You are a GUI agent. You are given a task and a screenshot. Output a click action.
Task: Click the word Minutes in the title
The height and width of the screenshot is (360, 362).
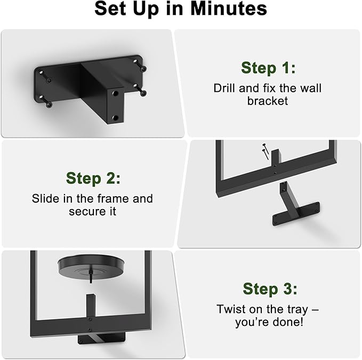pos(229,9)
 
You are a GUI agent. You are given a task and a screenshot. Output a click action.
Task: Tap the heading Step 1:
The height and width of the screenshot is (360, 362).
pos(268,68)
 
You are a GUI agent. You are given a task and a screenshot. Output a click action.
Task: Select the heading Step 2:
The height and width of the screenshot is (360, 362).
pos(93,179)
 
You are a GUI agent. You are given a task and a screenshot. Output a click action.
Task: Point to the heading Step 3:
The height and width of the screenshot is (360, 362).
pos(270,289)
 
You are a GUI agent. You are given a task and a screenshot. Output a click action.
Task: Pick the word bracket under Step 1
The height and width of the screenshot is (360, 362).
pos(268,101)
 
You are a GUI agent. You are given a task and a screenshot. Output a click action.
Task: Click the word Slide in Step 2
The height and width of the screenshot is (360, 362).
pos(43,198)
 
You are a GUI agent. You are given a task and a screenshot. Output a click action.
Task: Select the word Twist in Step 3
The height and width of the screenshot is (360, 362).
pos(229,309)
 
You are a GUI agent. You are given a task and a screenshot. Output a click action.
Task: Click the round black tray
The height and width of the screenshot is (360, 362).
pos(91,266)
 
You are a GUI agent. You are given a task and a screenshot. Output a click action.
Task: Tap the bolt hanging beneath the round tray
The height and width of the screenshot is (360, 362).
pos(91,275)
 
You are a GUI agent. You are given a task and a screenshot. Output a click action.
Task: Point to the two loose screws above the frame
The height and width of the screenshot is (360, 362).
pos(266,151)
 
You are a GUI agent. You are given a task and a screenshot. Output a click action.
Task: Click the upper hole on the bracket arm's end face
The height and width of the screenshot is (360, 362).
pos(116,93)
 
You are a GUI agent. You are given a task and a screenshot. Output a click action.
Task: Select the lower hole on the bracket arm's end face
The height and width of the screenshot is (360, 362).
pos(115,118)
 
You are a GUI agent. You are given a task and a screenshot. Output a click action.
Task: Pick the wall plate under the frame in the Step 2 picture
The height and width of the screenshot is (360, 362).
pos(296,214)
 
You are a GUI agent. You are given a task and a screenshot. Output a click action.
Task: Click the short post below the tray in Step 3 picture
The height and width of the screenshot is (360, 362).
pos(91,306)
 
